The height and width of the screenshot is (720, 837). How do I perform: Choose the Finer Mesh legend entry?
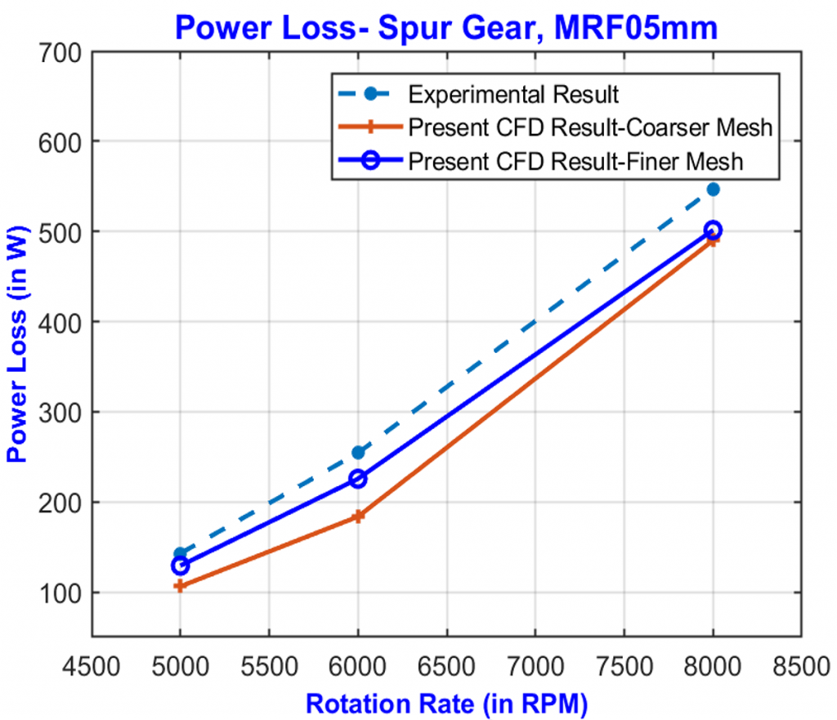point(575,161)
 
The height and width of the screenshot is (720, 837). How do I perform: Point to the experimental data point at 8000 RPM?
point(713,190)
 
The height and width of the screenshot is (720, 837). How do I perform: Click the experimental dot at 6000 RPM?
point(358,453)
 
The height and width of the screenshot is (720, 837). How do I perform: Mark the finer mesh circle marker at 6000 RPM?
point(358,479)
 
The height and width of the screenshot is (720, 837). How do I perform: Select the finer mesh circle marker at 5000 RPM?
point(180,566)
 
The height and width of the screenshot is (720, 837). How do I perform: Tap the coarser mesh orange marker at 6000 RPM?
point(358,517)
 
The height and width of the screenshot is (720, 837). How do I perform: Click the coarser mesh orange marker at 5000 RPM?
point(180,586)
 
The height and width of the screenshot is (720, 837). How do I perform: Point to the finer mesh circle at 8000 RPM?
point(713,230)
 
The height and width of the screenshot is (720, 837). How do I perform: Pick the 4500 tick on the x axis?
point(91,664)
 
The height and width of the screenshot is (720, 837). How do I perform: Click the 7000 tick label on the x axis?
point(535,664)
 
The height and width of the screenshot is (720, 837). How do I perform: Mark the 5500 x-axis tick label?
point(269,664)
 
